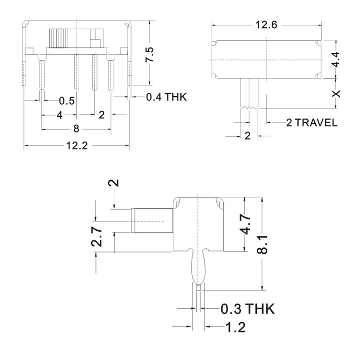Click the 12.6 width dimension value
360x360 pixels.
coord(267,25)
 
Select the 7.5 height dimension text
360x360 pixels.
coord(150,56)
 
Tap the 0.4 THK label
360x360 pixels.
coord(166,97)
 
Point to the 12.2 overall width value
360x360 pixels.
coord(76,146)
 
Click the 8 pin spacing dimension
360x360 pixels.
coord(76,129)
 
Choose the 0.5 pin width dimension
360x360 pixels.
coord(67,100)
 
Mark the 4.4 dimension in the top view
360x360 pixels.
coord(336,60)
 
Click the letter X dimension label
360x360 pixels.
coord(336,93)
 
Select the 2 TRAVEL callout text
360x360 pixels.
coord(312,122)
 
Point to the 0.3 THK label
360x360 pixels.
coord(248,309)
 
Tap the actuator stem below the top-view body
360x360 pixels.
coord(249,93)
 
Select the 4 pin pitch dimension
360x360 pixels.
coord(59,115)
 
